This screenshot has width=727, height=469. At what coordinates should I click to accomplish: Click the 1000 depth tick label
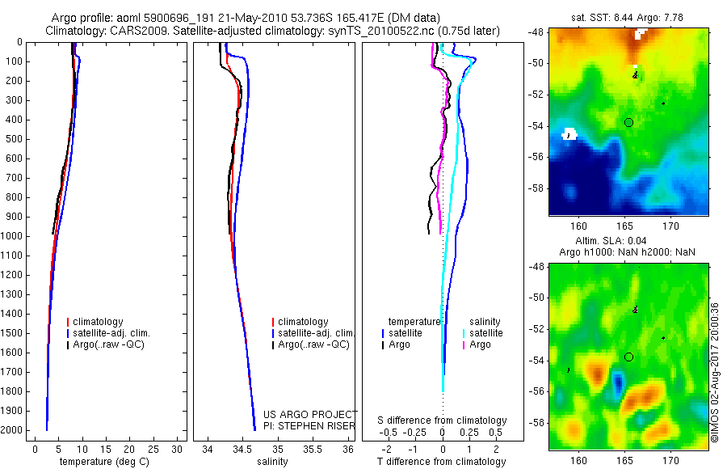pyautogui.click(x=14, y=236)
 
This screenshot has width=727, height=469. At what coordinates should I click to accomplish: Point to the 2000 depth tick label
pyautogui.click(x=14, y=430)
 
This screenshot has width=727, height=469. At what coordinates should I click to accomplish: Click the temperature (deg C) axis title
pyautogui.click(x=102, y=463)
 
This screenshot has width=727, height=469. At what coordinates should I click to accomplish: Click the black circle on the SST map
pyautogui.click(x=628, y=122)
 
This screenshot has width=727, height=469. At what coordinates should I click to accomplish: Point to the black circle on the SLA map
pyautogui.click(x=628, y=357)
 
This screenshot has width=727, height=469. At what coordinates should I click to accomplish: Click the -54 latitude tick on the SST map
pyautogui.click(x=537, y=126)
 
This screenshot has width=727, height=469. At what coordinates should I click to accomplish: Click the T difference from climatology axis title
pyautogui.click(x=442, y=463)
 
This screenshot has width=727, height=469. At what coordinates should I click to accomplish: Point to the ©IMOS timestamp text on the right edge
pyautogui.click(x=715, y=372)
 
